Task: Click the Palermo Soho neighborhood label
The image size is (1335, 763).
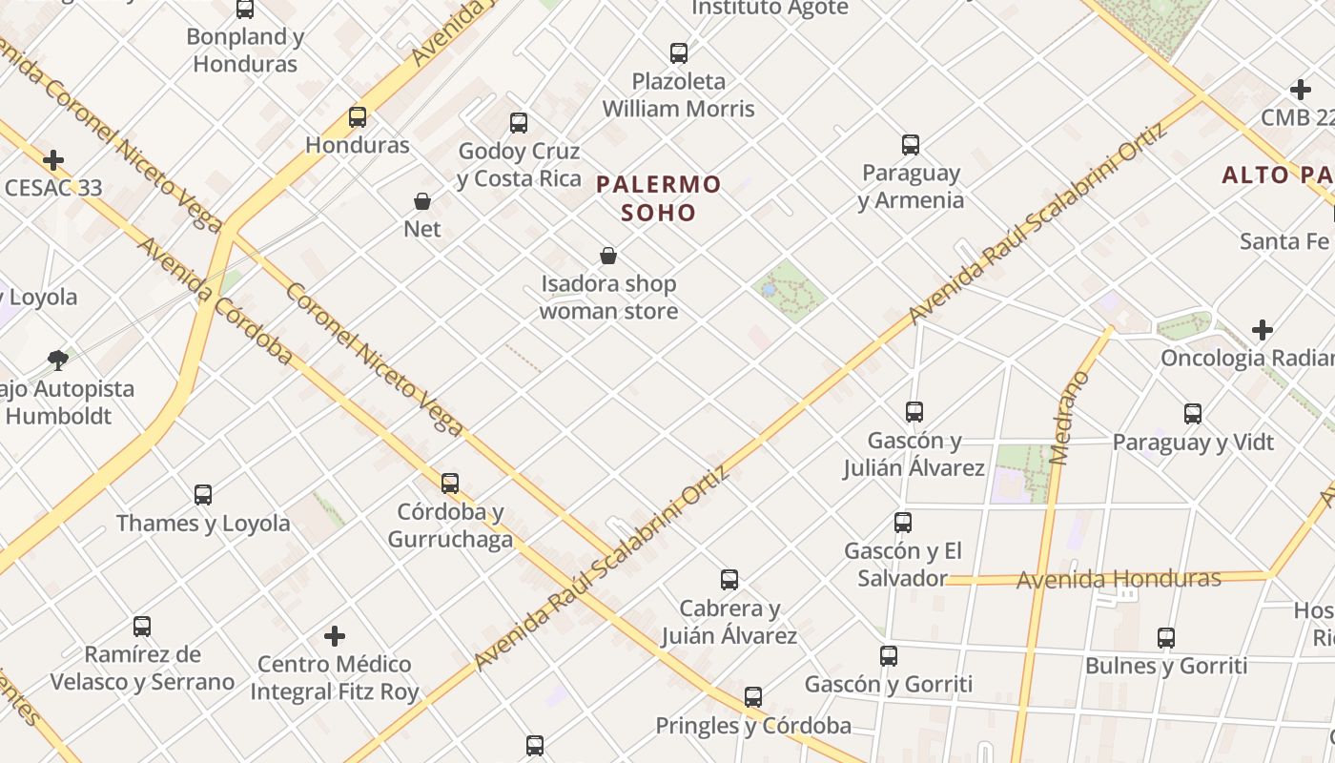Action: click(659, 197)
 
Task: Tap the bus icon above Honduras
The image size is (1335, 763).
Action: click(358, 117)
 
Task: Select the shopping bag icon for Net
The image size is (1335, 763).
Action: click(422, 201)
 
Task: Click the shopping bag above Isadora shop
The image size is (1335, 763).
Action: click(608, 256)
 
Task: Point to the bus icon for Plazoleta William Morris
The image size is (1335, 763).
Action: click(679, 53)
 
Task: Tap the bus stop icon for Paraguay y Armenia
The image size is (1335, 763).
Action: click(911, 145)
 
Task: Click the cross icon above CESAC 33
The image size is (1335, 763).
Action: click(53, 160)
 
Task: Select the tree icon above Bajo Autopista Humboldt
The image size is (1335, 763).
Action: click(58, 361)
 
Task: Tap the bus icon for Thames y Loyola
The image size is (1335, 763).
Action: click(203, 495)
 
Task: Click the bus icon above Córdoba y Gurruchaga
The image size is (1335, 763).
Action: click(450, 484)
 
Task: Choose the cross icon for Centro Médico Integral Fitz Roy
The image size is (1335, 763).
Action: click(335, 635)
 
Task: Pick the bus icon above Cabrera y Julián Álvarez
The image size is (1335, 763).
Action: click(729, 580)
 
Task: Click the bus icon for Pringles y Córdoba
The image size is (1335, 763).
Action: click(753, 697)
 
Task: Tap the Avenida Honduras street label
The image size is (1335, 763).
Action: click(1119, 579)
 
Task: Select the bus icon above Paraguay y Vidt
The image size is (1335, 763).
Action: click(1193, 414)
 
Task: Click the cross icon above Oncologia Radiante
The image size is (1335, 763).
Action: click(1263, 330)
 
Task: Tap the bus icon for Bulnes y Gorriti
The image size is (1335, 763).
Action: click(1166, 638)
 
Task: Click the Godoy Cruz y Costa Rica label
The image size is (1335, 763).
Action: click(519, 165)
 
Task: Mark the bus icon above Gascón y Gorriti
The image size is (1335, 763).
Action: click(889, 656)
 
